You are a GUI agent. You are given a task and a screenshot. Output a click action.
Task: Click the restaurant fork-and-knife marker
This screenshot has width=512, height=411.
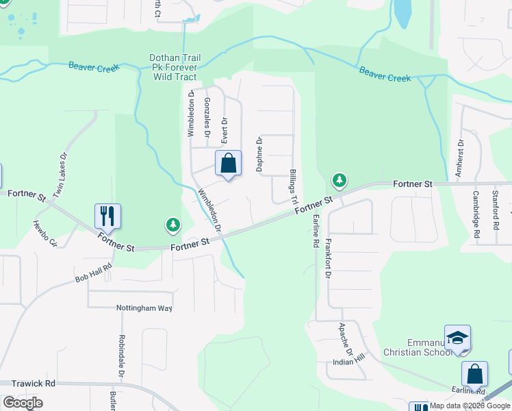coord(107,215)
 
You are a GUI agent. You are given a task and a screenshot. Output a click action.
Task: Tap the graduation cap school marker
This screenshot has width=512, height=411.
coord(457,338)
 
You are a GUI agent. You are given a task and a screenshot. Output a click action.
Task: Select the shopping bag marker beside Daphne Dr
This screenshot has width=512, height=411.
coord(229,164)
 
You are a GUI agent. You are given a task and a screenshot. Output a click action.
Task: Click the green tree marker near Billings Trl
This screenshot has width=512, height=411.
coord(339,181)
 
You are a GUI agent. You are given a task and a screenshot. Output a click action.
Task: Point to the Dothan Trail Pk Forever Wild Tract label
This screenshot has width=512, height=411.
coord(173,67)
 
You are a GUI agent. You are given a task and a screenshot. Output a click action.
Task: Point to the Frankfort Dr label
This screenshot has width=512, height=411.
coord(328,261)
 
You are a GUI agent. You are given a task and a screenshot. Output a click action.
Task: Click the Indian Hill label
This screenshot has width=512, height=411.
coord(349,360)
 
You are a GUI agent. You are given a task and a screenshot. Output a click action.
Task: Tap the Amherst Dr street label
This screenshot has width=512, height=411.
coord(461,157)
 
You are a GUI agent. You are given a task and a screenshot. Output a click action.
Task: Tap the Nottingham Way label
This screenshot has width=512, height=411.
coord(144,308)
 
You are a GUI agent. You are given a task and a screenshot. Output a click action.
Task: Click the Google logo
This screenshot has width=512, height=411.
coord(23,402)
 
